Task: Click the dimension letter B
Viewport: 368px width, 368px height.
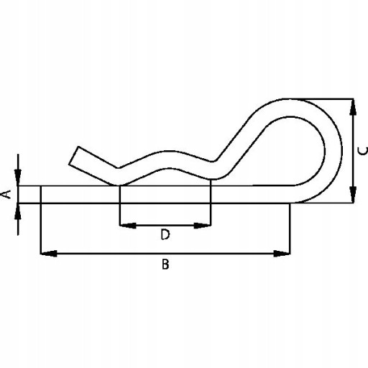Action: pyautogui.click(x=165, y=264)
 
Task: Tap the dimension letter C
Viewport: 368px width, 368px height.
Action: pyautogui.click(x=362, y=151)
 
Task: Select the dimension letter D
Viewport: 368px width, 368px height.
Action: pyautogui.click(x=165, y=234)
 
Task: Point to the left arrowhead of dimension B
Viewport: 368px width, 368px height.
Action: pyautogui.click(x=49, y=254)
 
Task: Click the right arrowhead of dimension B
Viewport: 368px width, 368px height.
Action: pyautogui.click(x=282, y=254)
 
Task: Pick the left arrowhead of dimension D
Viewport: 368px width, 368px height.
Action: pyautogui.click(x=128, y=226)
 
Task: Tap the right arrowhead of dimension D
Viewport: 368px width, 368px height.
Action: pyautogui.click(x=203, y=226)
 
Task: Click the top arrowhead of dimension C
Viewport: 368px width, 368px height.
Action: pyautogui.click(x=353, y=107)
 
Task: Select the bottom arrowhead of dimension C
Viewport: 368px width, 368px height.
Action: pyautogui.click(x=353, y=195)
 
